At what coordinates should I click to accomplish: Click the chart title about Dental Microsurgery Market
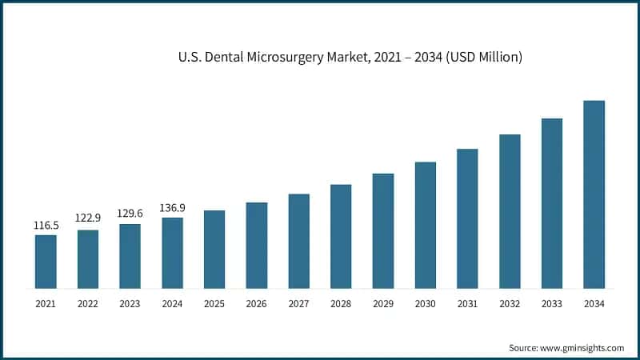click(x=350, y=58)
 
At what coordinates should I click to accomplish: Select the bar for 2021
click(x=46, y=261)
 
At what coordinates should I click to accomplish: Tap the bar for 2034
click(x=594, y=194)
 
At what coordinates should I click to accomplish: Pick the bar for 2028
click(x=341, y=236)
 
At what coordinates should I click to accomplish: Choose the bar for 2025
click(x=214, y=249)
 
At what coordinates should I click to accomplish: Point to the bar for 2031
click(x=467, y=218)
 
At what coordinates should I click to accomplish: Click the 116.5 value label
click(x=46, y=226)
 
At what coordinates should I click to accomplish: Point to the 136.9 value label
click(x=172, y=208)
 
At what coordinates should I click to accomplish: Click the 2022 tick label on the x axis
click(x=88, y=304)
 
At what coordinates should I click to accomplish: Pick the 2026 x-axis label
click(x=256, y=304)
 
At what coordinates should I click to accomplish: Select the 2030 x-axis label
click(x=425, y=304)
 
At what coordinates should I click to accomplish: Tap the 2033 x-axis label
click(x=551, y=304)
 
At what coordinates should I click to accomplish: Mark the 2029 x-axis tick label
click(x=383, y=304)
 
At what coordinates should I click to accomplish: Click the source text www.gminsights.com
click(x=566, y=348)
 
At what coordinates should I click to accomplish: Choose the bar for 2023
click(x=130, y=255)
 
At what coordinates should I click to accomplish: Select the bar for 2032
click(x=510, y=210)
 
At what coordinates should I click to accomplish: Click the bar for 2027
click(x=298, y=240)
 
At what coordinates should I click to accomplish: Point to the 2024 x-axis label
click(x=172, y=304)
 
